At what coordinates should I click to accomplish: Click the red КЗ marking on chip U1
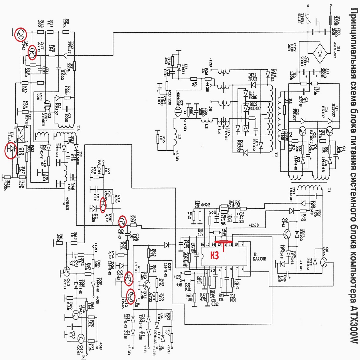point(214,255)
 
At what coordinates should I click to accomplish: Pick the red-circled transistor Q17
point(32,52)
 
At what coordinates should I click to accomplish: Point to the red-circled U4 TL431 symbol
point(11,149)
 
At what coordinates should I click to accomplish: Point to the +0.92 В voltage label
point(205,205)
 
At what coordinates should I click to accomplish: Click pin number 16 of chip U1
point(203,244)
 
